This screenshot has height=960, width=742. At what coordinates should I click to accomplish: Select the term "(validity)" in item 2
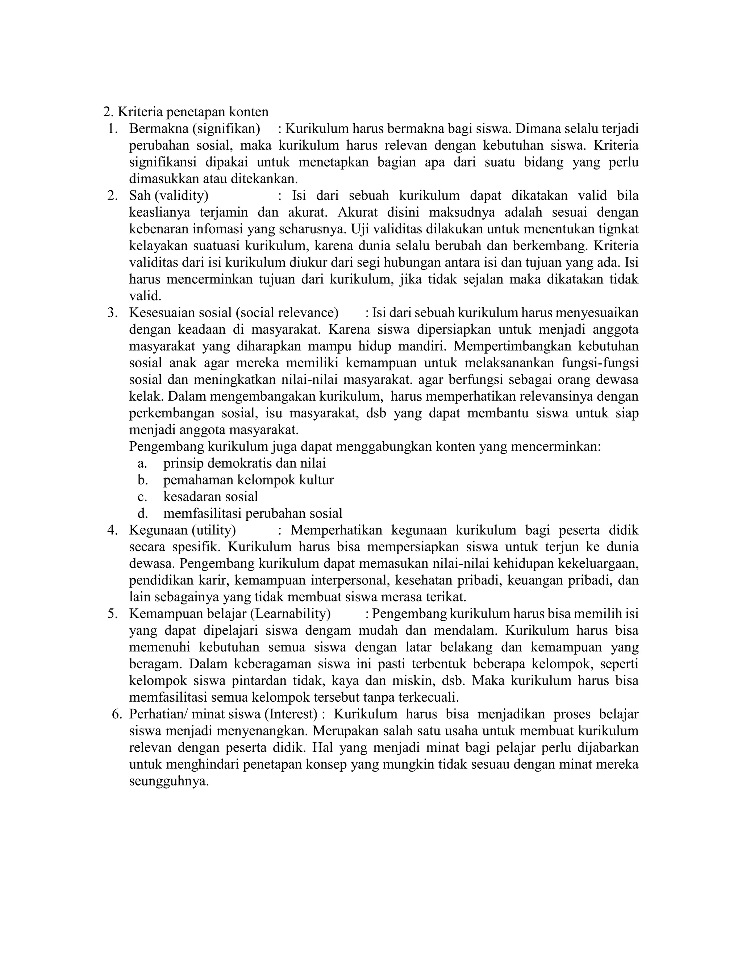point(181,195)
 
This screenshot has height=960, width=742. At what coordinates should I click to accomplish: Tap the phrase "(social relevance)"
point(287,313)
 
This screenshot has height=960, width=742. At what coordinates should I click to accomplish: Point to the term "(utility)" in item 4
point(214,530)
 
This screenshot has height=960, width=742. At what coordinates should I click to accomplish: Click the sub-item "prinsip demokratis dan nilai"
point(245,463)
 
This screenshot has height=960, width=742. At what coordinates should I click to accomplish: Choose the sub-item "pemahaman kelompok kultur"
point(248,480)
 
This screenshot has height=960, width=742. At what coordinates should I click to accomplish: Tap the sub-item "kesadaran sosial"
point(210,497)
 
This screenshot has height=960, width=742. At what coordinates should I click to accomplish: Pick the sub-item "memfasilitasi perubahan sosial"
point(253,513)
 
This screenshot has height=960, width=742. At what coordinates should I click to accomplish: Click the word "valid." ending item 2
point(145,296)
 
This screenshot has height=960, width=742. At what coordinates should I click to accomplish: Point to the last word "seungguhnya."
point(169,781)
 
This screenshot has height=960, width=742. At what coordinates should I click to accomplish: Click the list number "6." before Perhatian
point(117,714)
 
